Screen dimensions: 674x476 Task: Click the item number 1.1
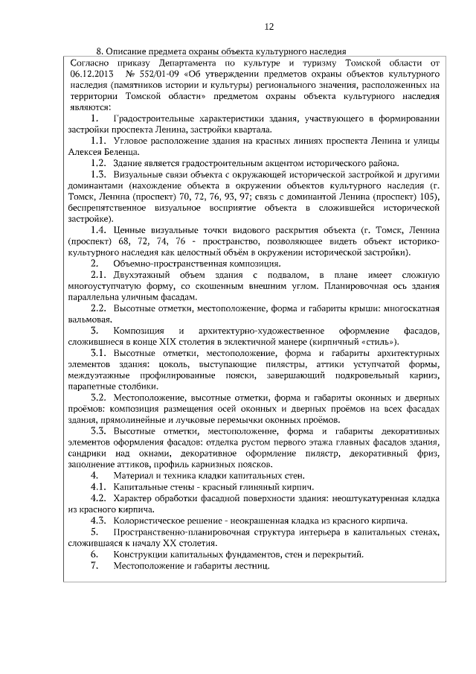[98, 140]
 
